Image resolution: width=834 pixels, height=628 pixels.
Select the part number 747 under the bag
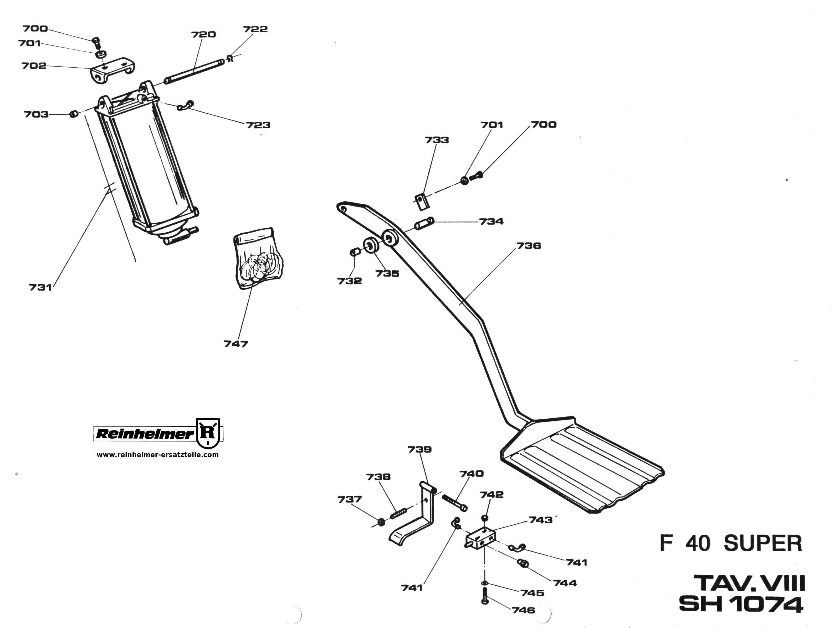(x=236, y=344)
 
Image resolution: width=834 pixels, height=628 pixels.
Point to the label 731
(x=40, y=288)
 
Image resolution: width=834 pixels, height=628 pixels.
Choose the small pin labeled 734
(x=424, y=223)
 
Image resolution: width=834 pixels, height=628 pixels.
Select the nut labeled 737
(x=381, y=523)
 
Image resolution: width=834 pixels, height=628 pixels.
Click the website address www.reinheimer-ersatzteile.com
(x=158, y=455)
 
